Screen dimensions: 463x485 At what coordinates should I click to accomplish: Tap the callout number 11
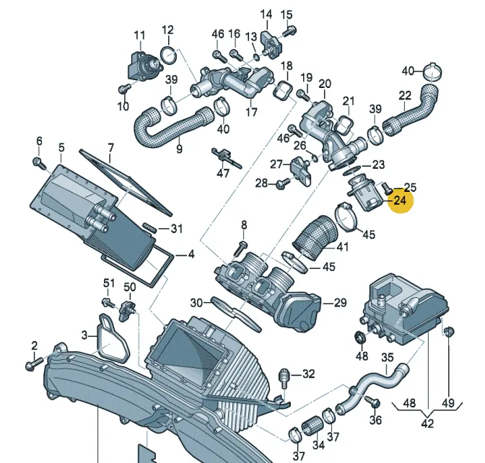tap(139, 35)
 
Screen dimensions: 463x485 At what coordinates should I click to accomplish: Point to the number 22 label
tap(405, 95)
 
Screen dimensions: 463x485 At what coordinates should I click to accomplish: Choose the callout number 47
tap(223, 173)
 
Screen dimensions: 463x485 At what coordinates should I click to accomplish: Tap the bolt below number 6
tap(38, 161)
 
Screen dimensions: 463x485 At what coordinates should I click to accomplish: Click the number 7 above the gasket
tap(110, 149)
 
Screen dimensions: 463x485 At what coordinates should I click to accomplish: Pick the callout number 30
tap(197, 302)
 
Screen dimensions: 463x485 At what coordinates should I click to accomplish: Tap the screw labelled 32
tap(285, 376)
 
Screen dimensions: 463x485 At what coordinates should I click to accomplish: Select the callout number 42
tap(427, 423)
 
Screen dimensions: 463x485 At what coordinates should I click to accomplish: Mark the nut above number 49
tap(448, 332)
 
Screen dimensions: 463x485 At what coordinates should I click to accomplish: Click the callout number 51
tap(108, 282)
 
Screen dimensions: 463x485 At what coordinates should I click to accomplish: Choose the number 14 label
tap(266, 14)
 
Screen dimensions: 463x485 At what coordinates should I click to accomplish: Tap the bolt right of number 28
tap(281, 184)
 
